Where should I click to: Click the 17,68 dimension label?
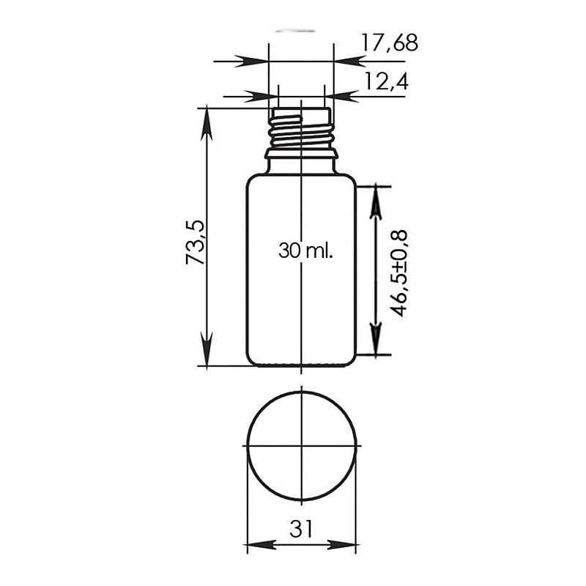click(390, 42)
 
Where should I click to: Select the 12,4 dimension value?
click(387, 81)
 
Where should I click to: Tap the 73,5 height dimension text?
click(195, 242)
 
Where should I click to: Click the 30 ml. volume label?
click(305, 251)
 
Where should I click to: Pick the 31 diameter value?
click(301, 528)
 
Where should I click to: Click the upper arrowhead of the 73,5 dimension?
click(207, 125)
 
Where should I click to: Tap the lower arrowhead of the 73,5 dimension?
click(207, 349)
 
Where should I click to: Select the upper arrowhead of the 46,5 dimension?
click(376, 202)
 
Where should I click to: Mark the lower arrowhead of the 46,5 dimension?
click(376, 338)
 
